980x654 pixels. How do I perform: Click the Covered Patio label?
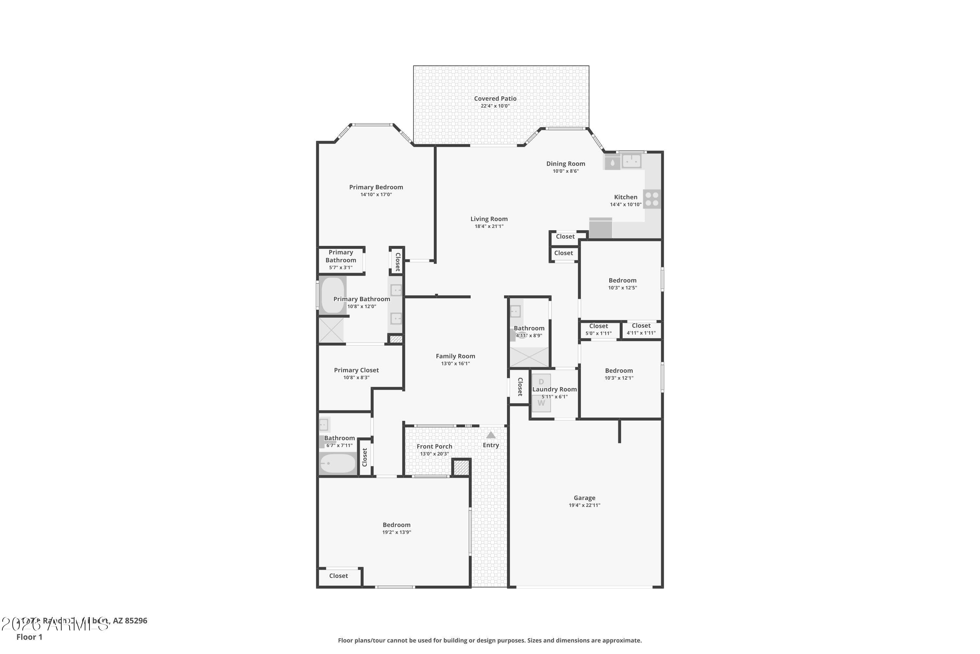coord(495,98)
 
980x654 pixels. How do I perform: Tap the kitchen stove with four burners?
coord(652,199)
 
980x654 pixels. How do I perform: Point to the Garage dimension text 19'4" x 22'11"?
coord(584,505)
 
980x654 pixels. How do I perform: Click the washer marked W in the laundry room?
coord(541,403)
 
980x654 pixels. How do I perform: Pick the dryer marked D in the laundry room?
coord(541,382)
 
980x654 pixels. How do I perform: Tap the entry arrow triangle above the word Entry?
coord(491,435)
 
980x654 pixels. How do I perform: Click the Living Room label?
coord(489,219)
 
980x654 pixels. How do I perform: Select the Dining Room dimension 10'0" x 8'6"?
coord(565,171)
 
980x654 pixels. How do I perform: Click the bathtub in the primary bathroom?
coord(333,295)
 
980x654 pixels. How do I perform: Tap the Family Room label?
coord(455,356)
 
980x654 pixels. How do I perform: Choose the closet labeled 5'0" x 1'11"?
coord(598,330)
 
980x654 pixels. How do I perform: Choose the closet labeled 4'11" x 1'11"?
coord(641,329)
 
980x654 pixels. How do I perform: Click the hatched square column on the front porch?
coord(461,467)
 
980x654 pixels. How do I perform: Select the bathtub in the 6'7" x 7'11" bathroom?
coord(337,463)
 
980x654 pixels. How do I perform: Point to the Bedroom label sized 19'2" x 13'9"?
coord(396,525)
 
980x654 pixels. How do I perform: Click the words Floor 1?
coord(29,637)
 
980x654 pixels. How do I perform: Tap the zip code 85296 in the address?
coord(136,621)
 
